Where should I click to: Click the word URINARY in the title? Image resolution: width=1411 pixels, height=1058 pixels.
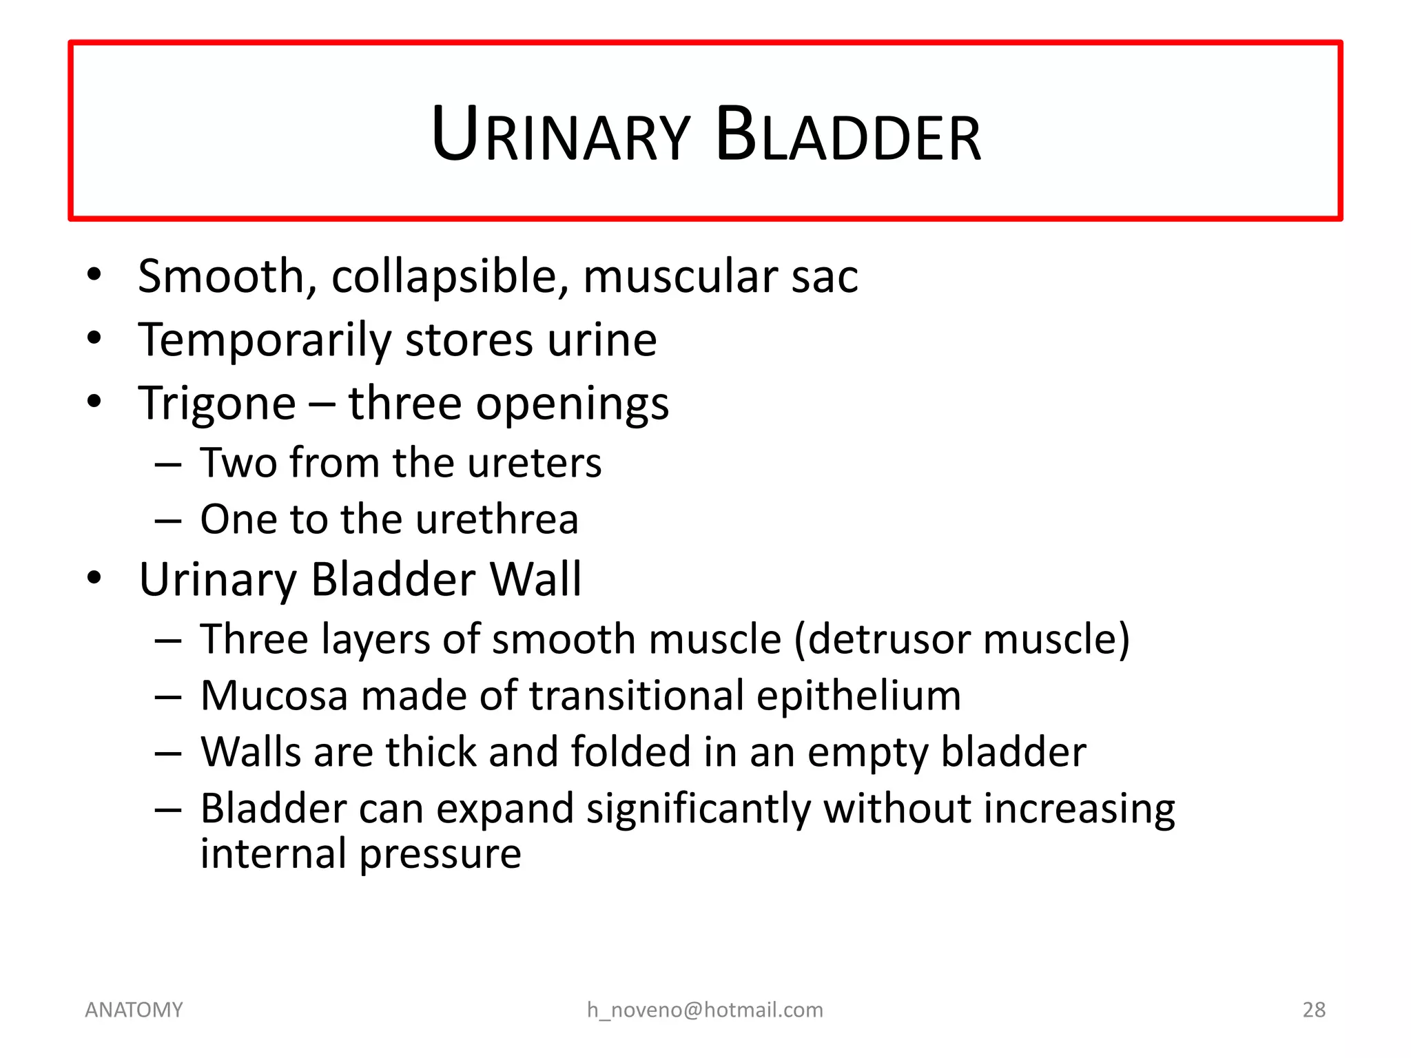(560, 136)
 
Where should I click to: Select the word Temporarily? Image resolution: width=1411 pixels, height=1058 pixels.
(265, 340)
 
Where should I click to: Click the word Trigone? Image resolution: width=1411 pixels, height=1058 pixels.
(217, 404)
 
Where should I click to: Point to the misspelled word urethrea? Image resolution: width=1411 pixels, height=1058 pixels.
(497, 519)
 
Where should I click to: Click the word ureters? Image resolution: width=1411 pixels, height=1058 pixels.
(534, 463)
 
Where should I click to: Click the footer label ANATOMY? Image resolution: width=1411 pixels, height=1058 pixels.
(134, 1010)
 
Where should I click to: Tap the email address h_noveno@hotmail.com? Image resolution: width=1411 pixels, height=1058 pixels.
(705, 1010)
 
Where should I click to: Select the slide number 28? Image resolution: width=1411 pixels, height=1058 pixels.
(1314, 1010)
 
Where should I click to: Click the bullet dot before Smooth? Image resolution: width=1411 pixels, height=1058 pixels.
(94, 275)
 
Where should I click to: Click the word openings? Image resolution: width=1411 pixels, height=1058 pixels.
(573, 404)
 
